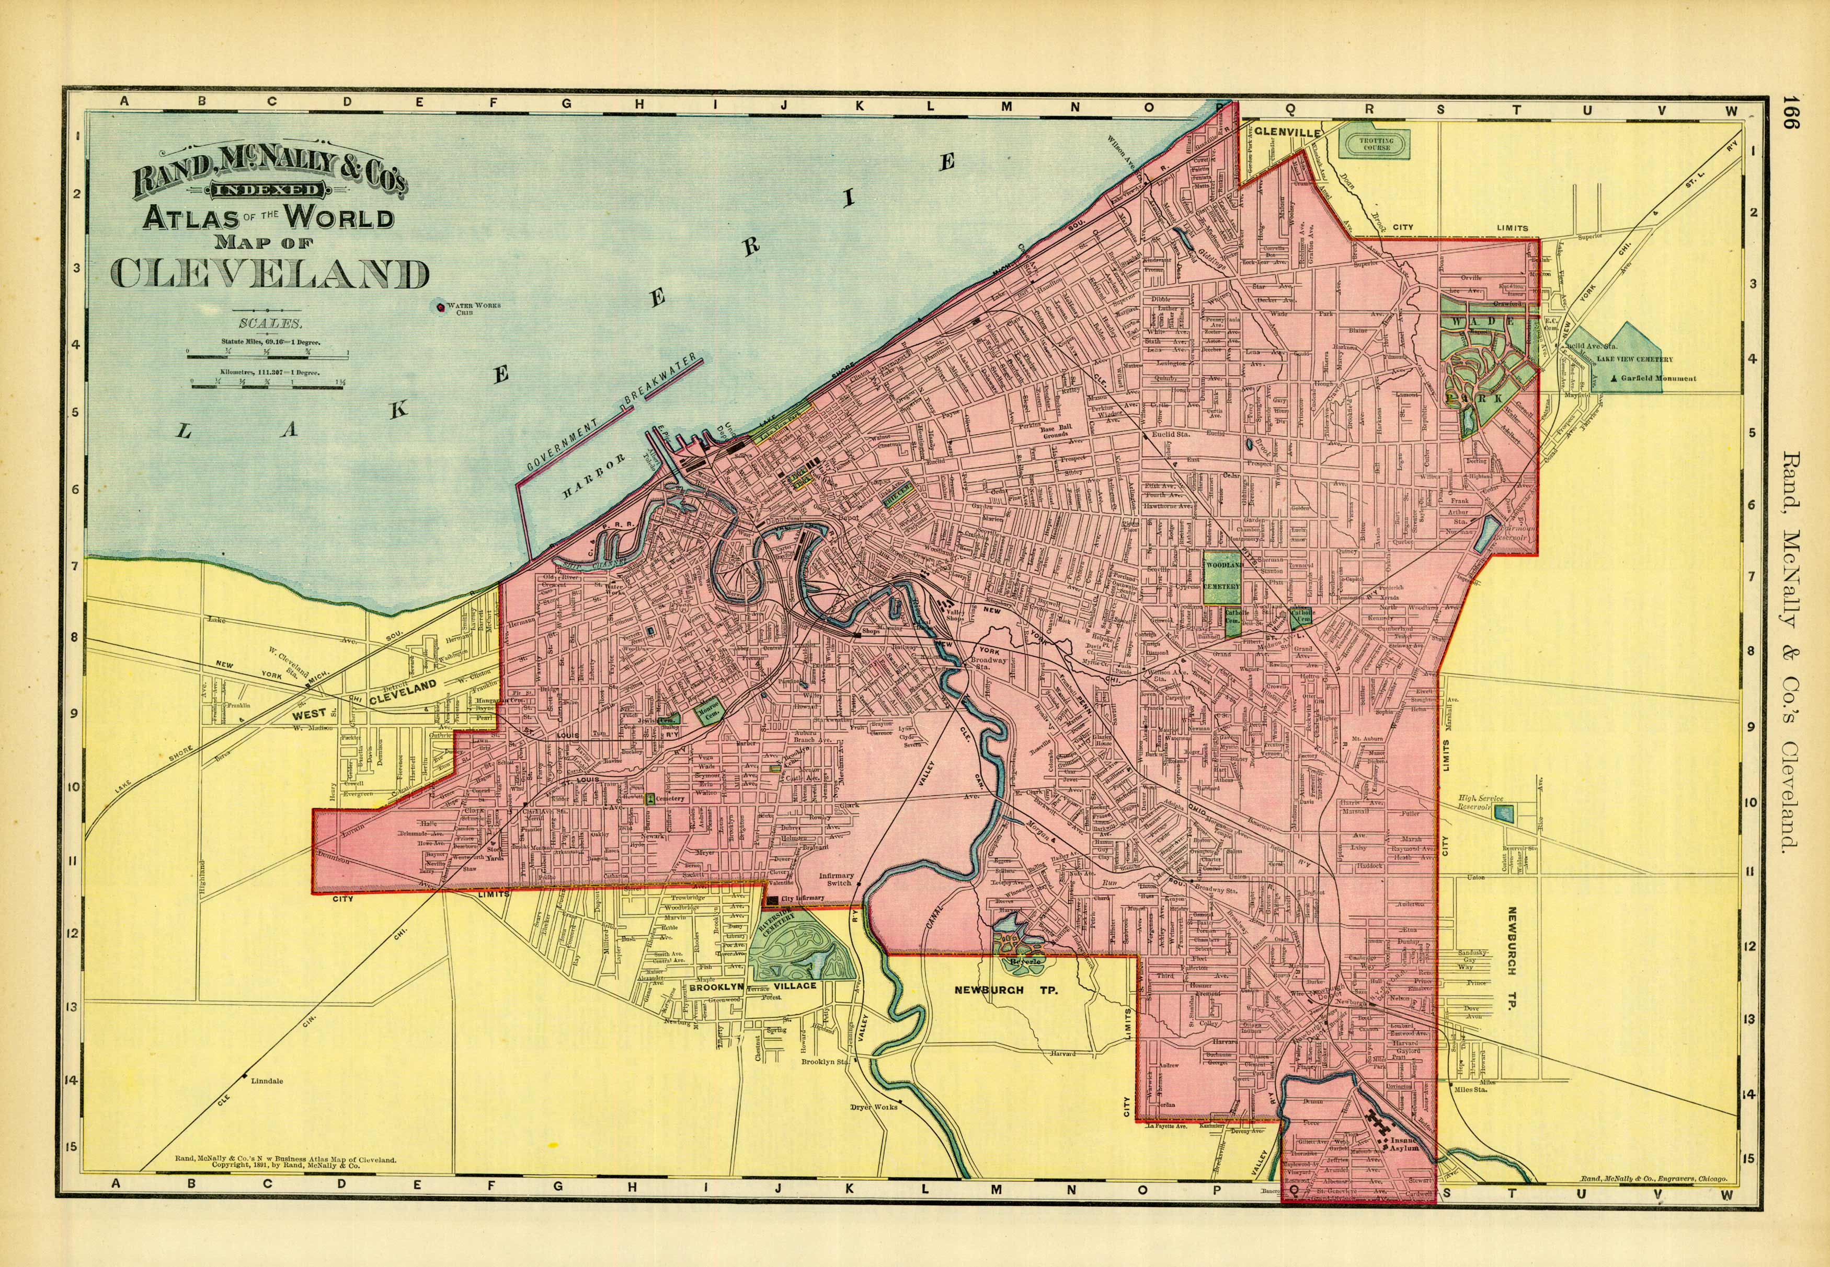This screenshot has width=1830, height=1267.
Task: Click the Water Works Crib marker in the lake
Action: (439, 306)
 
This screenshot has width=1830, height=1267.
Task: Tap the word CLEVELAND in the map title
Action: (269, 273)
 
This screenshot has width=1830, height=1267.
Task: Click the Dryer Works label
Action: (873, 1106)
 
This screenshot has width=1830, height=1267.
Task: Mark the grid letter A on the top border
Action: (124, 101)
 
